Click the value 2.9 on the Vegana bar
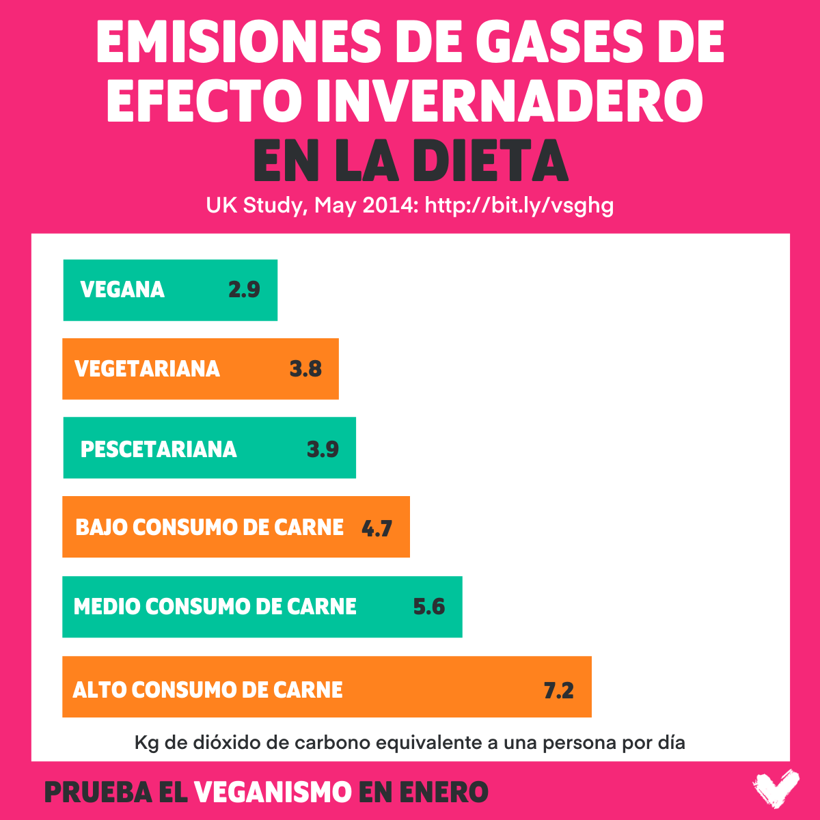[x=244, y=290]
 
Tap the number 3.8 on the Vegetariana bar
[x=305, y=369]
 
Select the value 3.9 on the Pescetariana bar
[x=323, y=449]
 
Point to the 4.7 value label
[x=377, y=528]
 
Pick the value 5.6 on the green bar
[x=429, y=607]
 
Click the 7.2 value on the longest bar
[x=558, y=690]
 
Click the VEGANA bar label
[x=122, y=290]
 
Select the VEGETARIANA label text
[x=147, y=369]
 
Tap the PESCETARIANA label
[x=159, y=449]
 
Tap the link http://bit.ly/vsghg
[x=519, y=205]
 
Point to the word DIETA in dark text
[x=490, y=162]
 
